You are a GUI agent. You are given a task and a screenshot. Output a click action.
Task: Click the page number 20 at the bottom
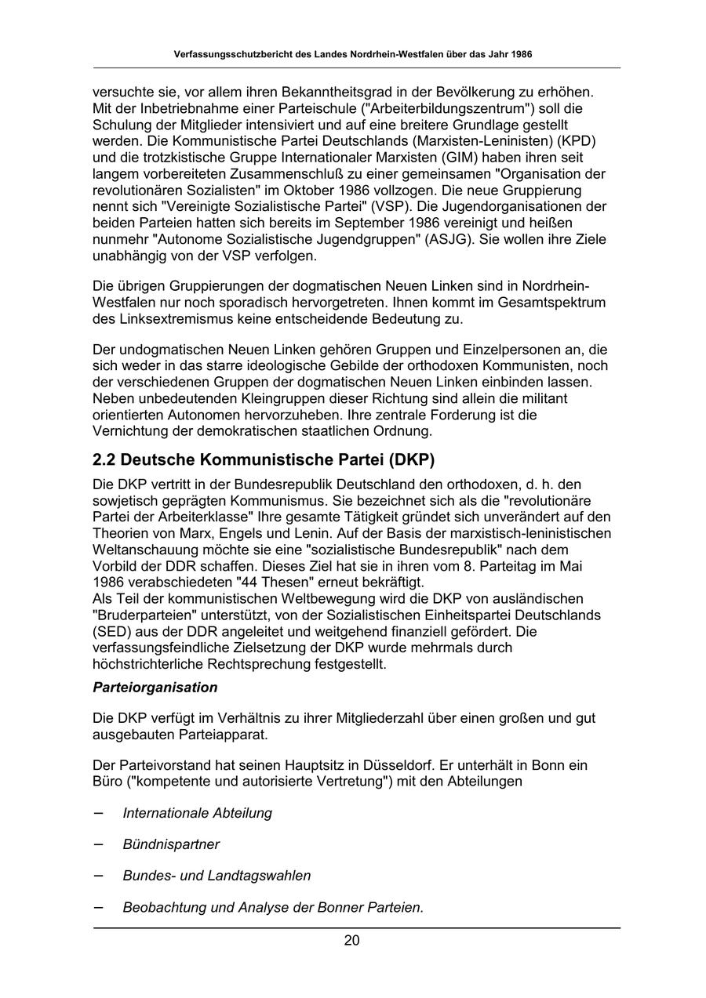tap(351, 941)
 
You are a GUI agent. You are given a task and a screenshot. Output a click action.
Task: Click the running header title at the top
tap(353, 55)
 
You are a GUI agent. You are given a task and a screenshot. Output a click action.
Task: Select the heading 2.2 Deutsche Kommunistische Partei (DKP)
tap(264, 459)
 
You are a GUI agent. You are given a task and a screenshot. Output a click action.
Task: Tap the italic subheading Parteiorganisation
tap(155, 688)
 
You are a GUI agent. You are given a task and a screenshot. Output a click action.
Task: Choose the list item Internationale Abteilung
tap(197, 813)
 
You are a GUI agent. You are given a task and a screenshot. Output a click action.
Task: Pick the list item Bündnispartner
tap(171, 844)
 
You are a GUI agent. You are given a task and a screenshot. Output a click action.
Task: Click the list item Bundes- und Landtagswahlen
tap(217, 876)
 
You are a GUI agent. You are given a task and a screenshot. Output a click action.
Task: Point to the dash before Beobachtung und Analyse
tap(99, 907)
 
